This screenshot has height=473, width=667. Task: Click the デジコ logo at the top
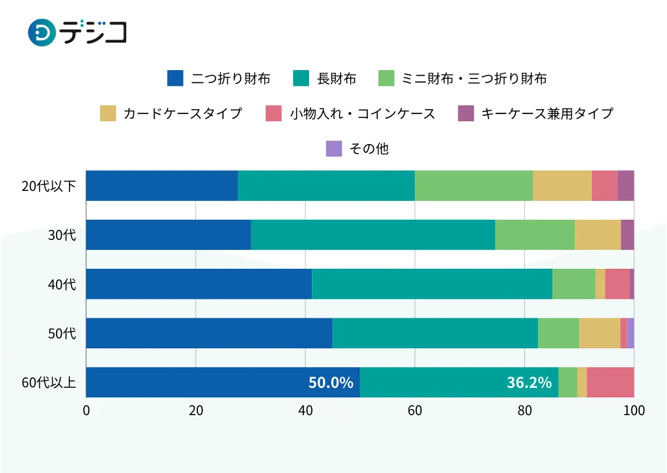[77, 32]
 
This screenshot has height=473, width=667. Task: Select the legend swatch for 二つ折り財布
[175, 78]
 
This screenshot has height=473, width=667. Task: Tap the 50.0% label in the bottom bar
[331, 383]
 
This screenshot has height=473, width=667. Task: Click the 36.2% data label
[529, 383]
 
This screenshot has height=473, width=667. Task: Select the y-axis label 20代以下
[49, 186]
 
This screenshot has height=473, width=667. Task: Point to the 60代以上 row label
[49, 383]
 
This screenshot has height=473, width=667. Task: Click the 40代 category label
[62, 284]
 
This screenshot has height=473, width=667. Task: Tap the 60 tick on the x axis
[415, 411]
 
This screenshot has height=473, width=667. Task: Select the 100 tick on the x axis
[634, 411]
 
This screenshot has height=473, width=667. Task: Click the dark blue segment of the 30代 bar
[168, 235]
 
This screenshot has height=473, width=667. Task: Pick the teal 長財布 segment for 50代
[435, 333]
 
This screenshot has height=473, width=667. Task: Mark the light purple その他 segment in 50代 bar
[630, 333]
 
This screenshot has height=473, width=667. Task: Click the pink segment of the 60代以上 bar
[610, 383]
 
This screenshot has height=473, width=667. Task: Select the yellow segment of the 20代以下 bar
[562, 186]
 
